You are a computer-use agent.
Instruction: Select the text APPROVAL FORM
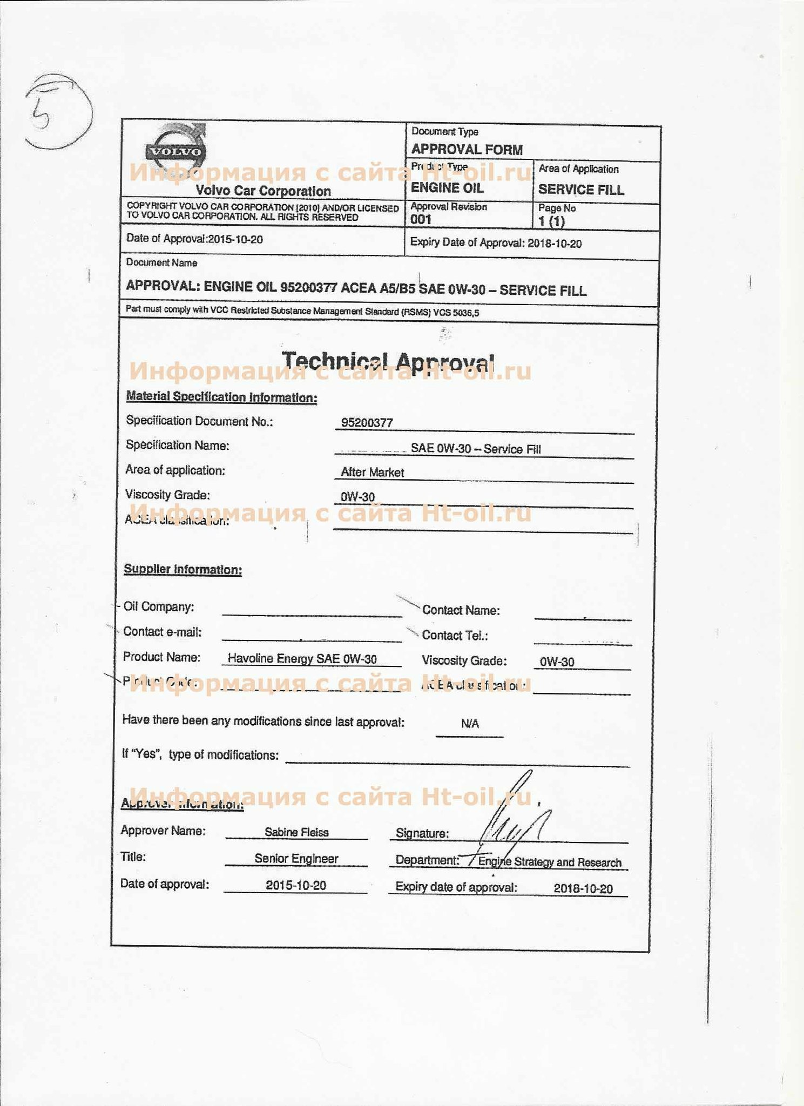(x=467, y=149)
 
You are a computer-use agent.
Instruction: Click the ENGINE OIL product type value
(x=447, y=188)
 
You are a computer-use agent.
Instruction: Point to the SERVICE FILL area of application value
(x=581, y=190)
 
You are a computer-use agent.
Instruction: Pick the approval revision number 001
(x=421, y=219)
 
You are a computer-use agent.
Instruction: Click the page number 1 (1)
(x=551, y=221)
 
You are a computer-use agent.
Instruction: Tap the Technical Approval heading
(x=388, y=361)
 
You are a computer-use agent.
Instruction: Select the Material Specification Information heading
(x=221, y=397)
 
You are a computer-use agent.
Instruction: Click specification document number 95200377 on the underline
(x=367, y=422)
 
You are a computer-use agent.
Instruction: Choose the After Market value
(x=372, y=473)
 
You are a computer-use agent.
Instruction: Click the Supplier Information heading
(x=183, y=569)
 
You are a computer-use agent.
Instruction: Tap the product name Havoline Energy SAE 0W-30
(x=302, y=658)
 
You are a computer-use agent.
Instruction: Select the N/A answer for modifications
(x=470, y=724)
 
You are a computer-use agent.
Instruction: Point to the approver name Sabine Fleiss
(x=296, y=832)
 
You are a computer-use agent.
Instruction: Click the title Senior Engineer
(x=296, y=859)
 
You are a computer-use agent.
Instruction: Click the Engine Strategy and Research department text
(x=550, y=862)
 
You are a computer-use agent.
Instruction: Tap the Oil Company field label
(x=159, y=607)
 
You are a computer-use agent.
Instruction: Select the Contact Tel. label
(x=455, y=636)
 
